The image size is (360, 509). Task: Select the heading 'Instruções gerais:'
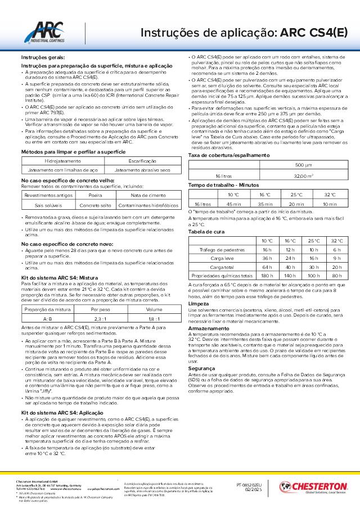[x=43, y=58]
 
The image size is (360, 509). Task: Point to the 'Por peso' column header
[x=100, y=309]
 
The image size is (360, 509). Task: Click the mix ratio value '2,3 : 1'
[x=100, y=319]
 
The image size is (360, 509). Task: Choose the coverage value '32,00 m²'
[x=303, y=176]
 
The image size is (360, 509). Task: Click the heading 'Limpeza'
[x=197, y=303]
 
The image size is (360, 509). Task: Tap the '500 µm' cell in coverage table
[x=303, y=166]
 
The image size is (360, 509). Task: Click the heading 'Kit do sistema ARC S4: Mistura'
[x=59, y=278]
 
